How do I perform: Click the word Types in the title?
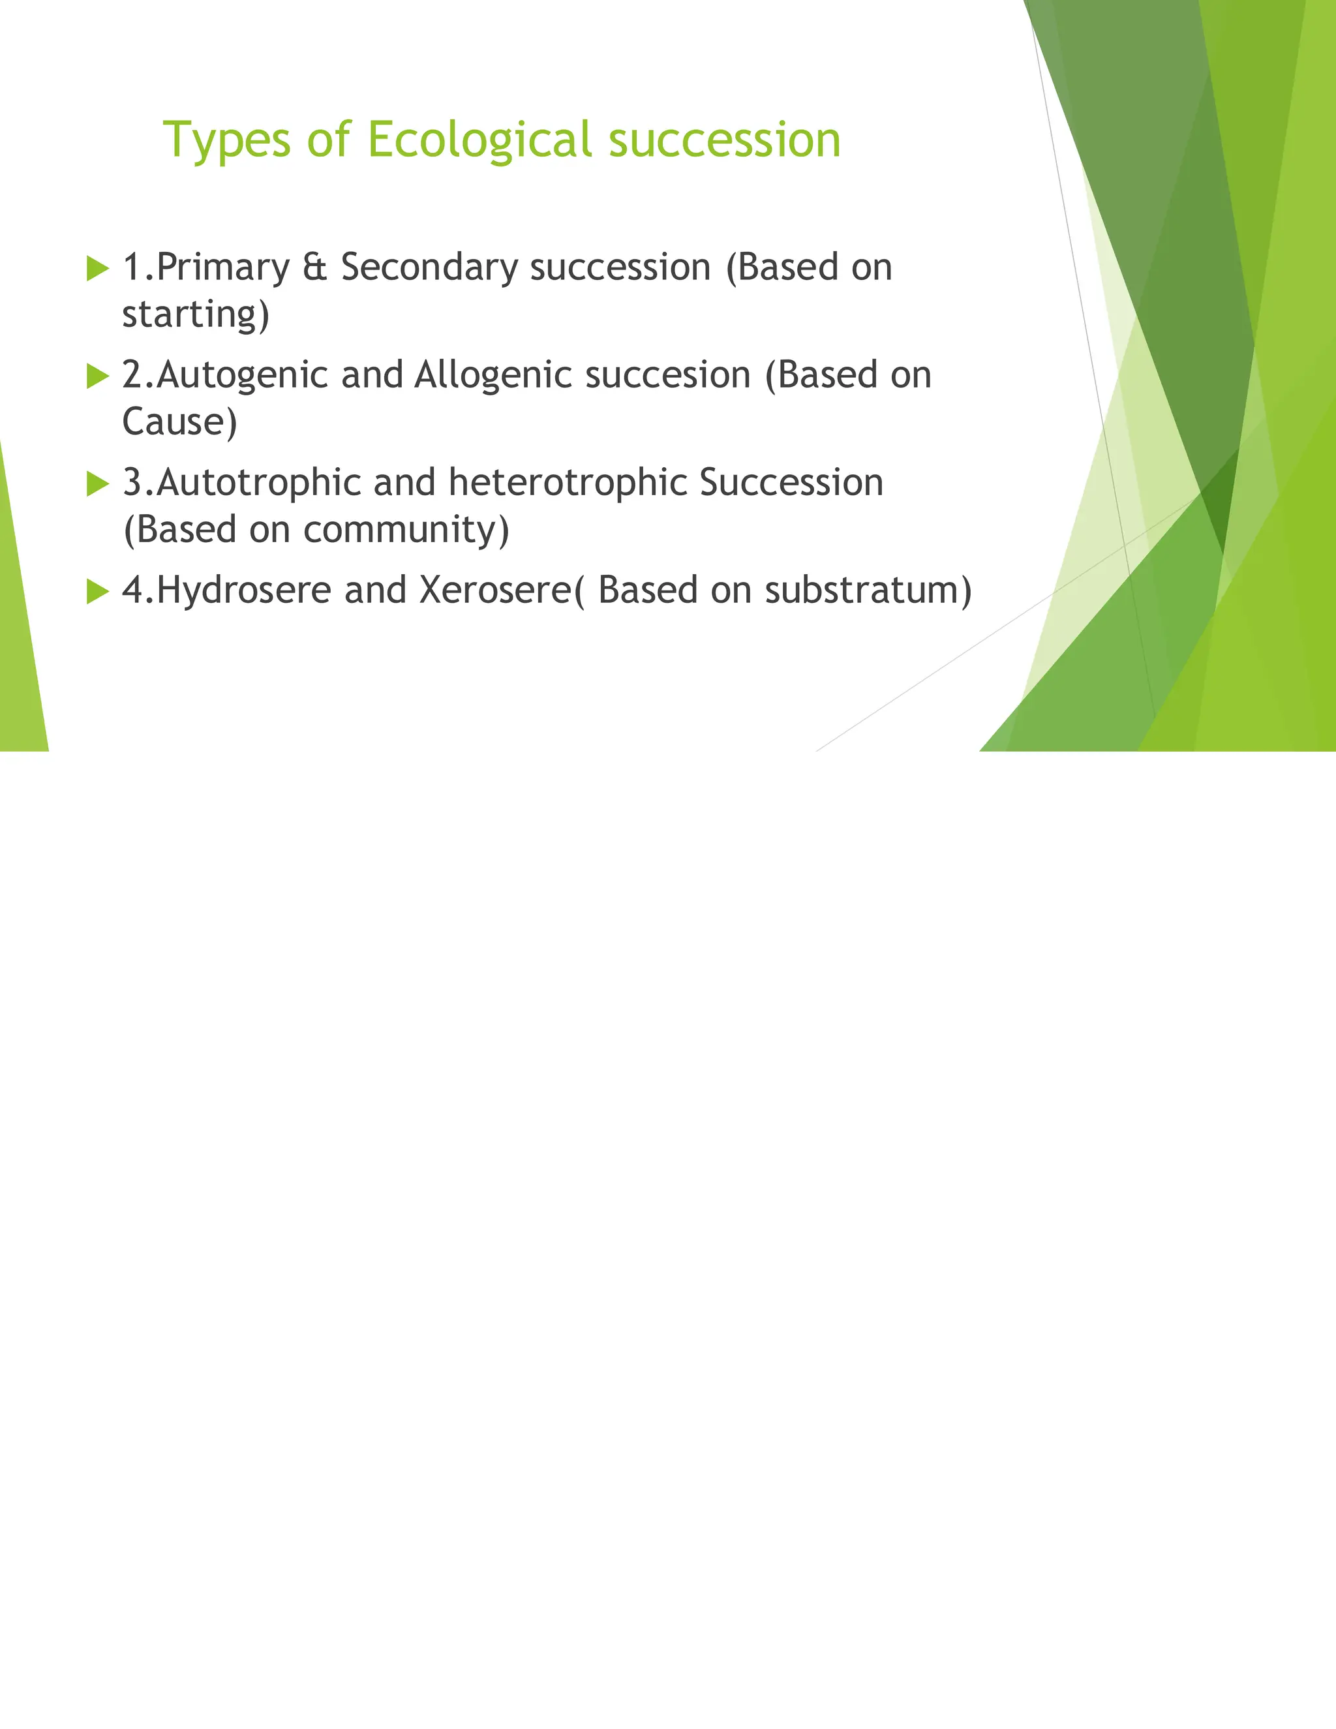[226, 141]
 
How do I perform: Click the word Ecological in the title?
[479, 141]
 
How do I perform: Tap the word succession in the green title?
[724, 141]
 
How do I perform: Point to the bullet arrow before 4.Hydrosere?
[97, 591]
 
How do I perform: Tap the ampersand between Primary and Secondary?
[314, 268]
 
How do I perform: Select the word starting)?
[196, 314]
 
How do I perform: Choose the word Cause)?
[179, 422]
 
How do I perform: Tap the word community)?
[406, 530]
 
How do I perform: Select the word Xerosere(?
[502, 590]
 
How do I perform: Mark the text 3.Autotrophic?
[241, 483]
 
